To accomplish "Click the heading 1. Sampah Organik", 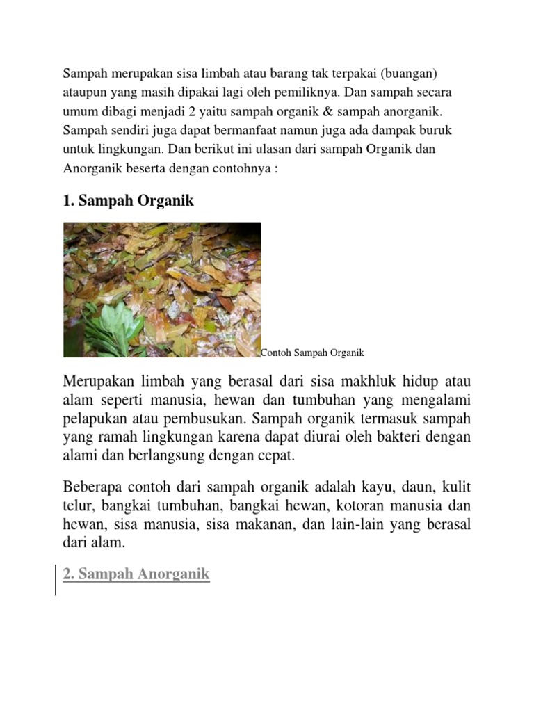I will click(129, 201).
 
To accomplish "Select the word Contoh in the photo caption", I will click(275, 353).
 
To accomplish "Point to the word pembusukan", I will click(214, 419).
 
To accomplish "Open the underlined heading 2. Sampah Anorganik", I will click(136, 574).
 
